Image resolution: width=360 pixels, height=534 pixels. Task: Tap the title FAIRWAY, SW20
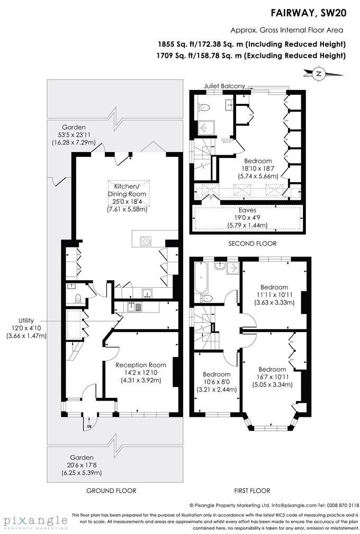tap(308, 13)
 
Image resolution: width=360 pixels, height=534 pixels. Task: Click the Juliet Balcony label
tap(224, 86)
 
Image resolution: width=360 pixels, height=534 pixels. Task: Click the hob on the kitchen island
tap(145, 241)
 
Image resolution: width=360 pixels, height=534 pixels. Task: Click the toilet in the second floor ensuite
tap(204, 108)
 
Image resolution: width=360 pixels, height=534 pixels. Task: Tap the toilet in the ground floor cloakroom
tap(78, 299)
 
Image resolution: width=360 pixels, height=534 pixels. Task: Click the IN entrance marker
tap(89, 426)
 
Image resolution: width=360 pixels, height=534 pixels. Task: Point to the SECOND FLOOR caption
tap(252, 244)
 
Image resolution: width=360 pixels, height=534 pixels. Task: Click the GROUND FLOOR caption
tap(111, 491)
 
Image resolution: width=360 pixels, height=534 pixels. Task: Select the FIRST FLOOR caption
tap(252, 491)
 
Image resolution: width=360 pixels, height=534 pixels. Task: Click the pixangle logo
tap(35, 522)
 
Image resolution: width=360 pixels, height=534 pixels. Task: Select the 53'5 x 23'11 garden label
tap(74, 135)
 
